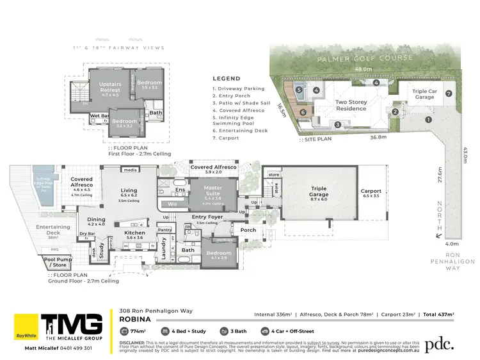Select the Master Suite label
pyautogui.click(x=212, y=190)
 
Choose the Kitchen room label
pyautogui.click(x=135, y=234)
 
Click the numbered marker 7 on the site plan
pyautogui.click(x=449, y=94)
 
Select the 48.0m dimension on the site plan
pyautogui.click(x=364, y=69)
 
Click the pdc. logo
pyautogui.click(x=440, y=343)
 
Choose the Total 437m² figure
pyautogui.click(x=438, y=315)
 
